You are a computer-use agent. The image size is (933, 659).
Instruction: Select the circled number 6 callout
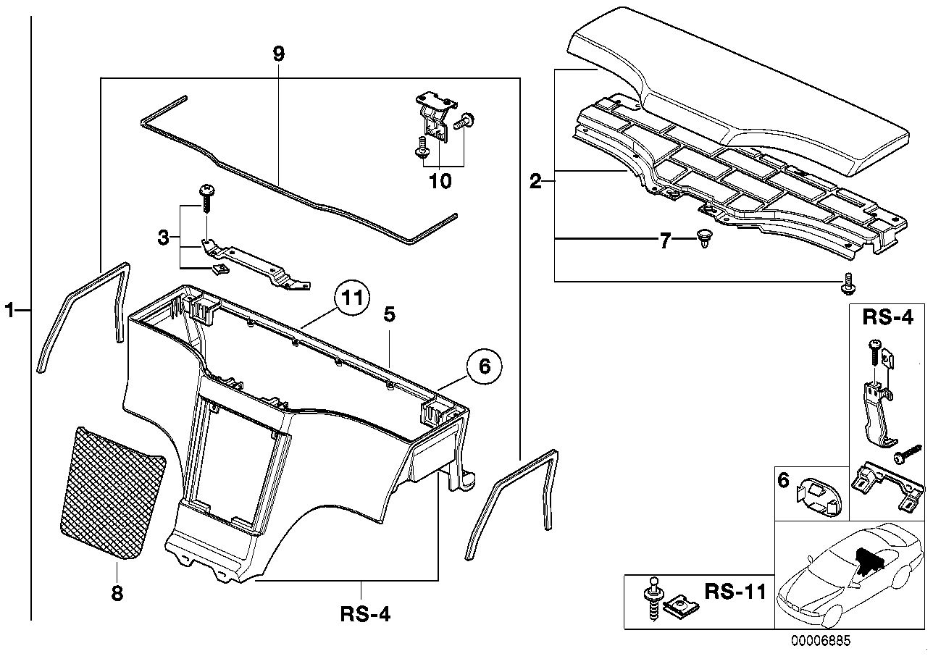485,367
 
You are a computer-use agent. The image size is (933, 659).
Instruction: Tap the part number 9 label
279,53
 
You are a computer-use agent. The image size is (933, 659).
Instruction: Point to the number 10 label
440,180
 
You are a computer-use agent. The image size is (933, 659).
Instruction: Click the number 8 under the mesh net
117,593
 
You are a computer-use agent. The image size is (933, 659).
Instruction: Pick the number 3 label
164,237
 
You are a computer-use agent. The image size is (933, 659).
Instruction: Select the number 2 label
535,181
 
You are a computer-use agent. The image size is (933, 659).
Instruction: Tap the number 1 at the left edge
10,311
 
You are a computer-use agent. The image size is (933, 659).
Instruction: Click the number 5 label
389,315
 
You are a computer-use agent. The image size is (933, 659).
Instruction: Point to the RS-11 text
735,593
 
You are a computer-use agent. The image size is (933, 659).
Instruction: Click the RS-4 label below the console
365,616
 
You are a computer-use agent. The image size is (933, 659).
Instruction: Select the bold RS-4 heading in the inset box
887,318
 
